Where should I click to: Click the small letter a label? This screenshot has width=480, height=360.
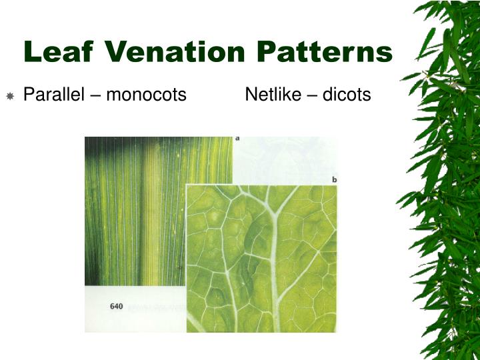point(238,139)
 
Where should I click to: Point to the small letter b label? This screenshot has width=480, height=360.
point(334,180)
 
